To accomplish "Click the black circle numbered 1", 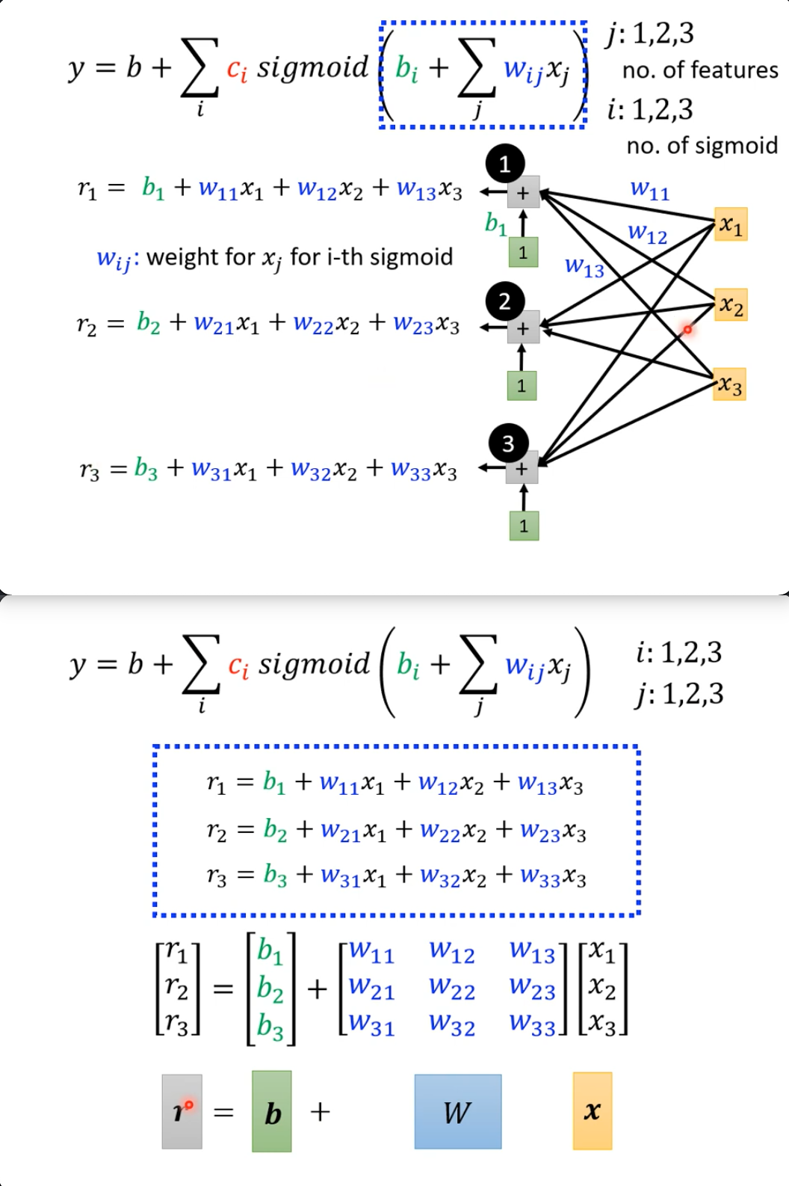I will tap(505, 164).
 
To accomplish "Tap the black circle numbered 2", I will tap(505, 301).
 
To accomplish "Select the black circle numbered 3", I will tap(508, 444).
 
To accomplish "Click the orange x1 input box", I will tap(731, 224).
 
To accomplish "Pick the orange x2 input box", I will tap(731, 305).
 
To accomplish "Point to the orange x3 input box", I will tap(730, 385).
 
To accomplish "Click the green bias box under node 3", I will tap(524, 526).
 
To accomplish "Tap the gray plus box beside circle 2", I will tap(522, 328).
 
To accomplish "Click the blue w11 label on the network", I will tap(650, 190).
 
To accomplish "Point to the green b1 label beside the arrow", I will tap(495, 223).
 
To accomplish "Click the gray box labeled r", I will tap(182, 1111).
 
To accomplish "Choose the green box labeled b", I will tap(272, 1111).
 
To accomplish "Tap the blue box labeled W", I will tap(458, 1111).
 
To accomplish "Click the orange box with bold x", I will tap(592, 1111).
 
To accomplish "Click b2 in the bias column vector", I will tap(270, 989).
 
